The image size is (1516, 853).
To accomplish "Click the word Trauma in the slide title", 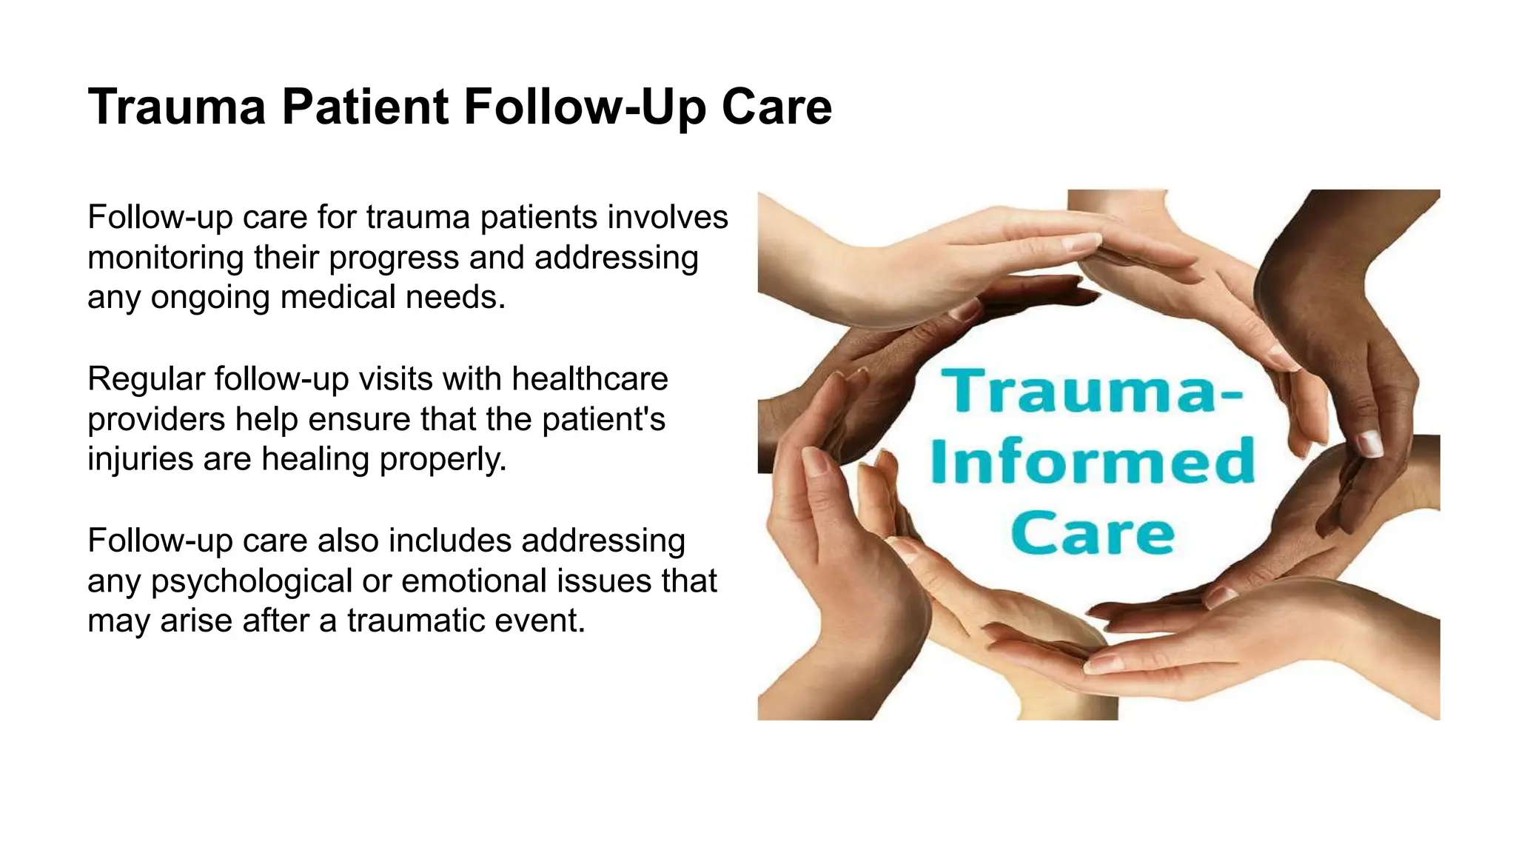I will pos(176,107).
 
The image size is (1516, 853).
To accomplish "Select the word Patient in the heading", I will pos(365,107).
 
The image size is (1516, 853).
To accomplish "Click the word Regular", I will pos(146,379).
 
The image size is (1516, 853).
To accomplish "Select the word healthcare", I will pos(589,379).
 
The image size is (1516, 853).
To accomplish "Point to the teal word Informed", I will pos(1092,461).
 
